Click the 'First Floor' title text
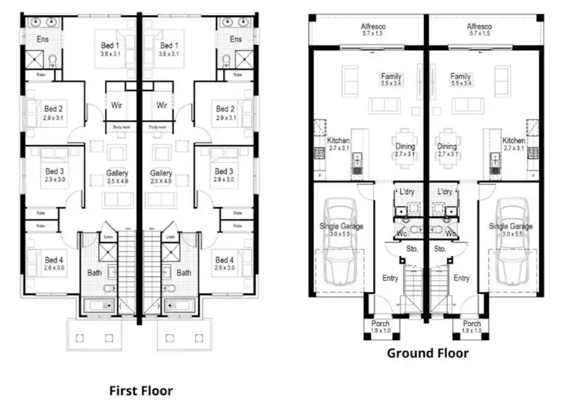[140, 391]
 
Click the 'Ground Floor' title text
[427, 353]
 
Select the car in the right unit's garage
[511, 244]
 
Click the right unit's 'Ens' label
[236, 40]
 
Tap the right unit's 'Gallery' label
[161, 174]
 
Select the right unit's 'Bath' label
[184, 273]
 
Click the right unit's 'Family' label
[460, 77]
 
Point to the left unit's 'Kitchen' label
[338, 141]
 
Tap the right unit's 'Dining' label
[447, 147]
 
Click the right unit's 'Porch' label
[471, 324]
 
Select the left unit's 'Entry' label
[390, 279]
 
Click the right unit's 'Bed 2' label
[225, 109]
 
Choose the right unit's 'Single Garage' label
[511, 226]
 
